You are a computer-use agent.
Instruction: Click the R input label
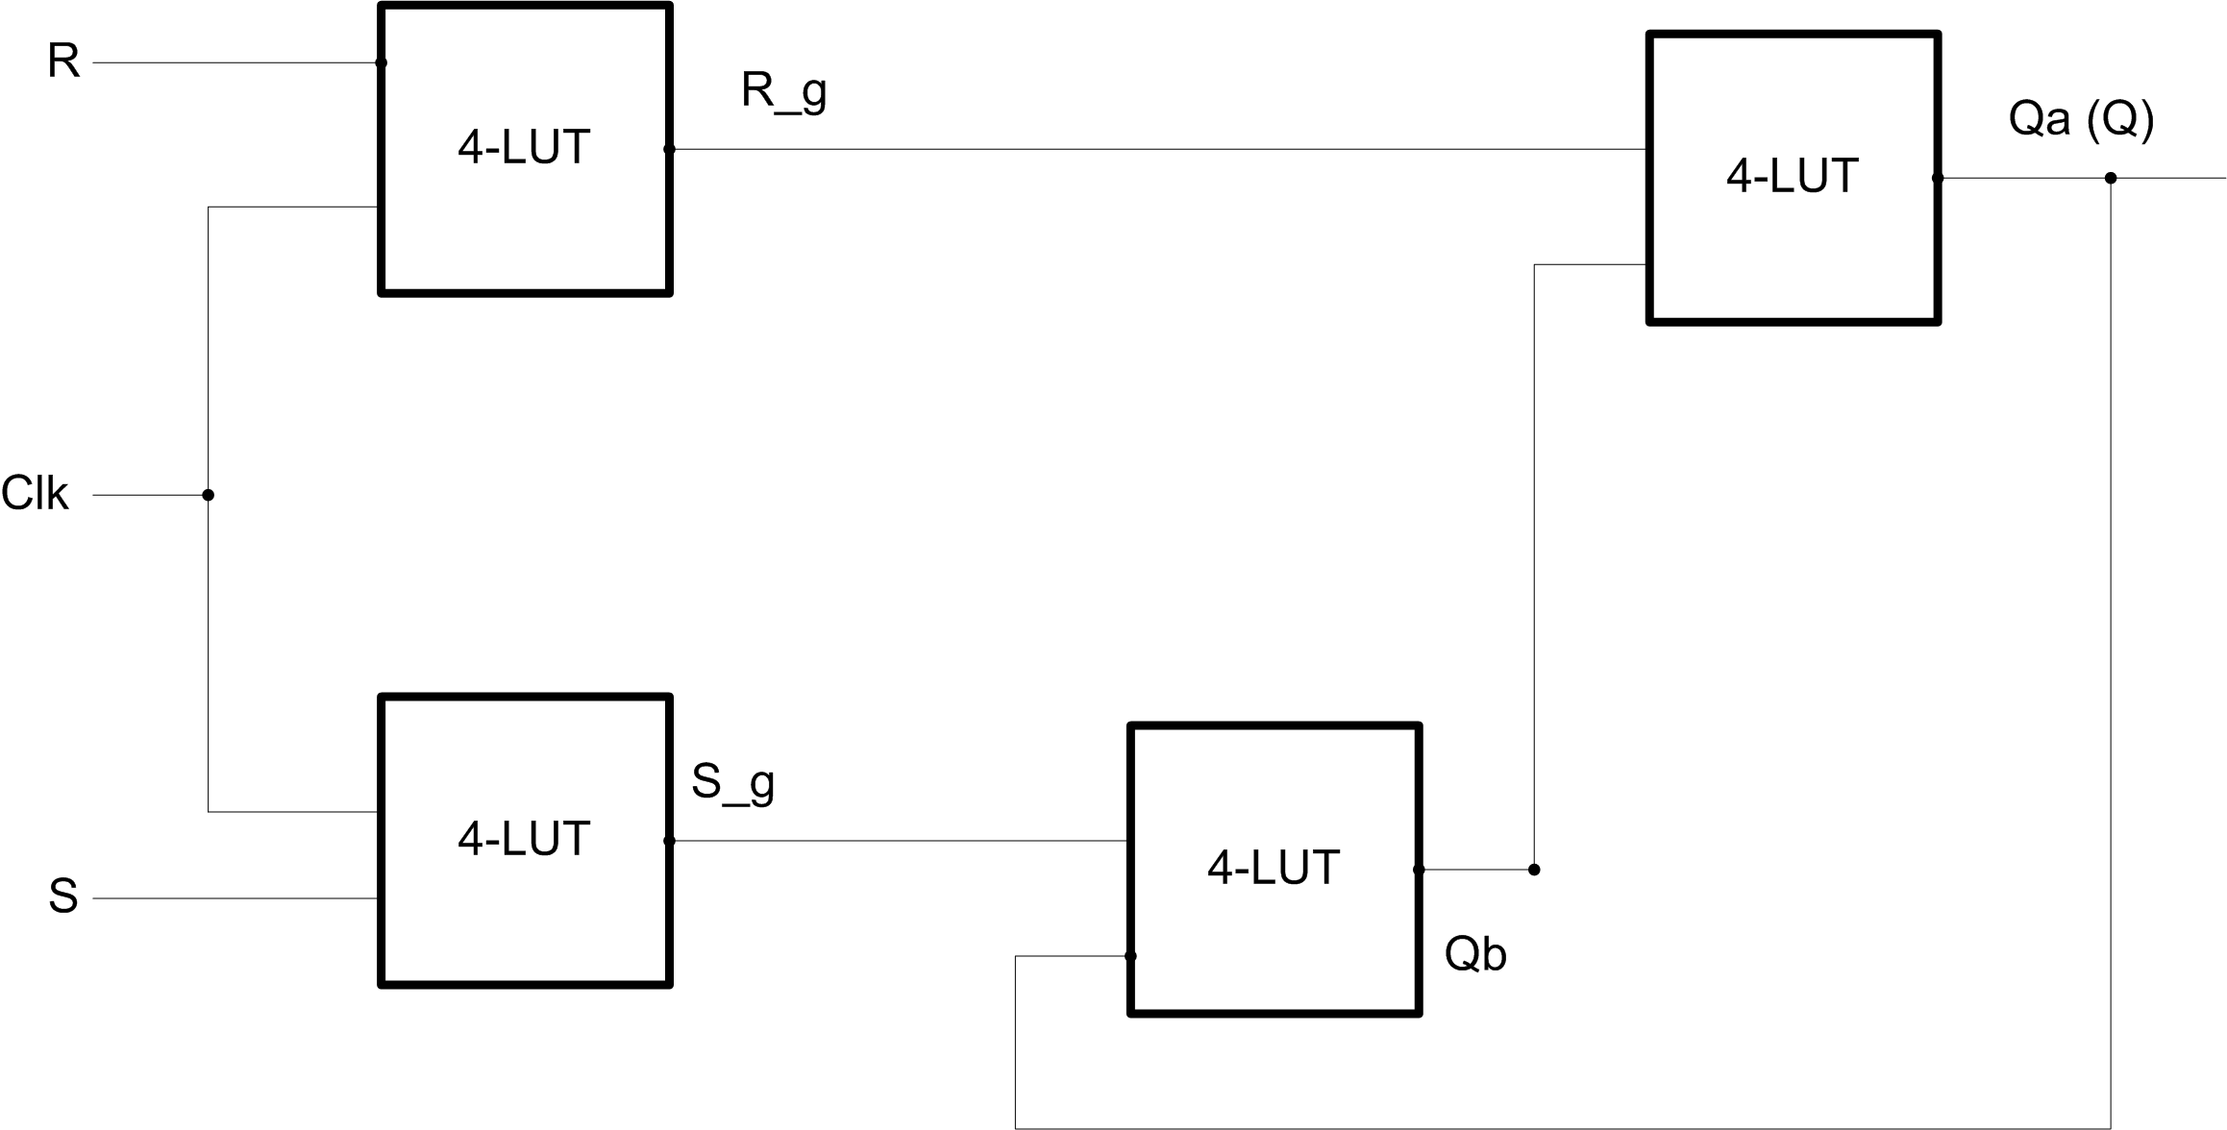pyautogui.click(x=63, y=61)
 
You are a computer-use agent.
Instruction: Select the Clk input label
pyautogui.click(x=35, y=494)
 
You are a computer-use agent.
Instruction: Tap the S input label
pyautogui.click(x=63, y=897)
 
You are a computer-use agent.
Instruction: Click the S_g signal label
pyautogui.click(x=732, y=783)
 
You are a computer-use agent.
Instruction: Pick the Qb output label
pyautogui.click(x=1474, y=954)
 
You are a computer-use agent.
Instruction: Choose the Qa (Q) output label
pyautogui.click(x=2081, y=119)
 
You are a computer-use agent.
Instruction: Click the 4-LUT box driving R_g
pyautogui.click(x=525, y=149)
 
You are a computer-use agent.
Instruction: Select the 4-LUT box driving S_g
pyautogui.click(x=525, y=840)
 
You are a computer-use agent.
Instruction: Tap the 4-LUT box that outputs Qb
pyautogui.click(x=1274, y=869)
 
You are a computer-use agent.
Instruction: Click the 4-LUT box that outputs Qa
pyautogui.click(x=1793, y=178)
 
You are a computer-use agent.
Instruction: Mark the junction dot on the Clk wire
pyautogui.click(x=208, y=495)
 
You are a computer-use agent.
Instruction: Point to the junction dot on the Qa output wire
pyautogui.click(x=2111, y=178)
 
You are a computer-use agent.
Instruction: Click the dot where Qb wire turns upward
pyautogui.click(x=1534, y=870)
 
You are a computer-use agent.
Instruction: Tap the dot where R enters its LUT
pyautogui.click(x=381, y=62)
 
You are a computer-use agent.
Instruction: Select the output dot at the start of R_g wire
pyautogui.click(x=669, y=149)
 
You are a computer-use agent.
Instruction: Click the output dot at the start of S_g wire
pyautogui.click(x=669, y=841)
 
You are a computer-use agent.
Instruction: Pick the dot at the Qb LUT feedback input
pyautogui.click(x=1130, y=956)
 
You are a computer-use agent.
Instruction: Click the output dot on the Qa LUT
pyautogui.click(x=1938, y=178)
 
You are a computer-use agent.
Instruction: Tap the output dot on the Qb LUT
pyautogui.click(x=1419, y=870)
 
